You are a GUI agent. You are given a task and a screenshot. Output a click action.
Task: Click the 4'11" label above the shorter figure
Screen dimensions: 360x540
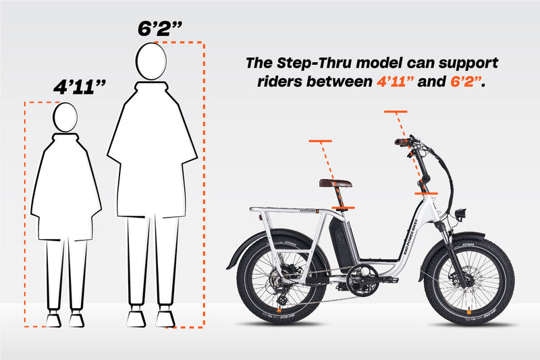click(80, 88)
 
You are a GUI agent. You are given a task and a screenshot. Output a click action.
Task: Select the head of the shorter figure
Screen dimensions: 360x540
click(66, 117)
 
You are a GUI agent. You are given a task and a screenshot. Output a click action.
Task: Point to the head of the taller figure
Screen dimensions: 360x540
click(151, 62)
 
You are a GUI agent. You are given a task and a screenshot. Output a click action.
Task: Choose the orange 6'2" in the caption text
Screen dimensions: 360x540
click(465, 83)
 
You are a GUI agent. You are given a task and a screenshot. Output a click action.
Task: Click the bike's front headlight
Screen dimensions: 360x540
click(463, 213)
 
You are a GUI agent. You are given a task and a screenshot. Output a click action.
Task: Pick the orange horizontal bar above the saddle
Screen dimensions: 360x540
click(321, 141)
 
